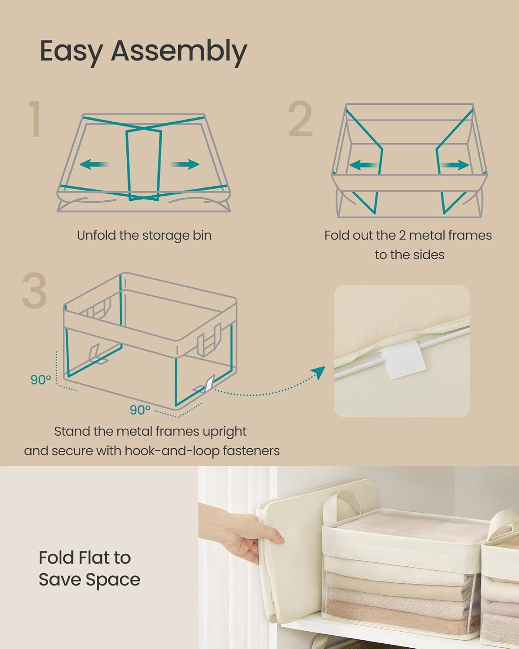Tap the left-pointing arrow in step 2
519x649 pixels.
click(x=362, y=165)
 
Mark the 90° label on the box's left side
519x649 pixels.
click(x=41, y=380)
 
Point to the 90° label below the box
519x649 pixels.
click(x=140, y=409)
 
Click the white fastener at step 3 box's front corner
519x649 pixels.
click(x=208, y=384)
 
